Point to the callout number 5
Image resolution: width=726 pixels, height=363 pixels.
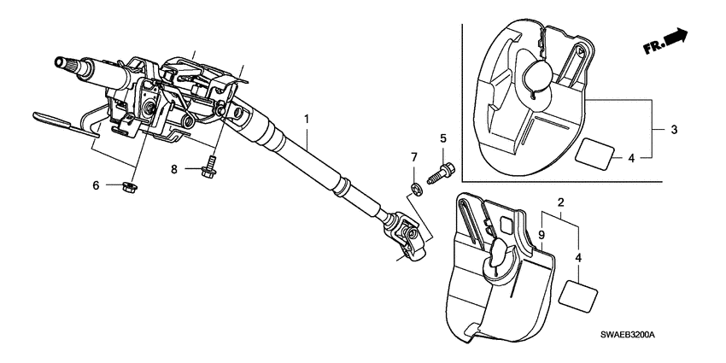443,138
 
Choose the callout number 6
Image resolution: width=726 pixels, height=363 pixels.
97,184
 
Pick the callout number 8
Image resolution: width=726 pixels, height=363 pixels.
174,169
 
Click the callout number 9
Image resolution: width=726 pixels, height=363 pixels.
541,234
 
